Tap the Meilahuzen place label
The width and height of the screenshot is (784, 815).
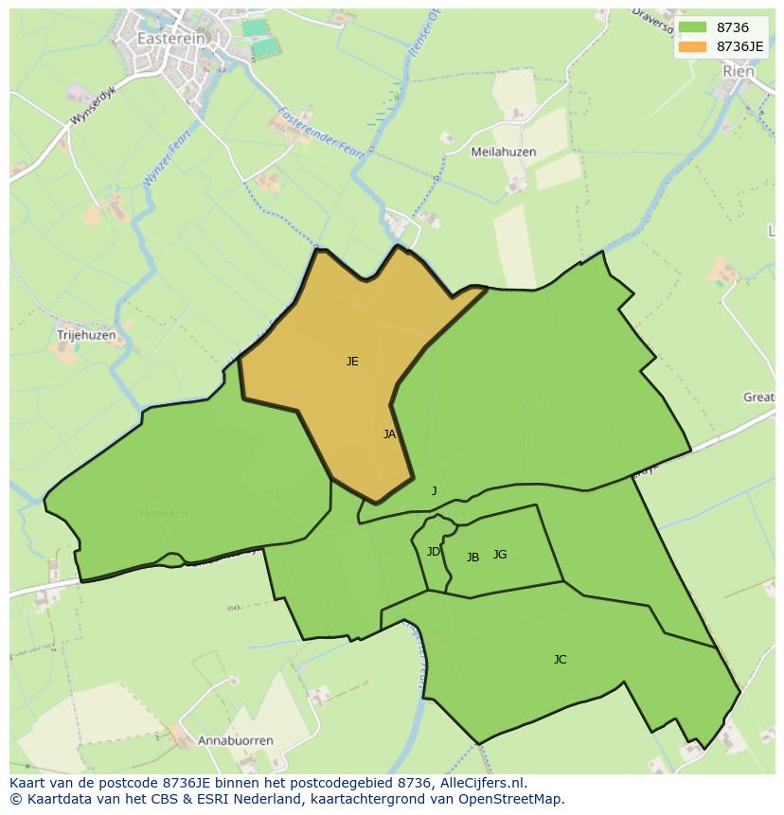point(504,151)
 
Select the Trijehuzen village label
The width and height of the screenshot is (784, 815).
point(86,335)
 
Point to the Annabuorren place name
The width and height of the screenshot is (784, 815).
point(236,740)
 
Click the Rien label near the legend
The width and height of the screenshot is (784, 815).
point(739,71)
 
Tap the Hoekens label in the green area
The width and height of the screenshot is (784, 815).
point(164,513)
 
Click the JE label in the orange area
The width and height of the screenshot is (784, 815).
point(352,361)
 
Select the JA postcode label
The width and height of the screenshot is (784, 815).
point(389,434)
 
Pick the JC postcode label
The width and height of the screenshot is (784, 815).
point(560,659)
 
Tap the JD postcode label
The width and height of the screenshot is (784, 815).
point(433,551)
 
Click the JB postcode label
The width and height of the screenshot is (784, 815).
point(472,557)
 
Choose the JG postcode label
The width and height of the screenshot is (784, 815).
point(500,554)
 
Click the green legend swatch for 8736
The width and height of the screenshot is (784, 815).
point(692,28)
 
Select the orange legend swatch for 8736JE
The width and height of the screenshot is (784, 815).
point(692,45)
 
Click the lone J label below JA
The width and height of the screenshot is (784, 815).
point(435,490)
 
